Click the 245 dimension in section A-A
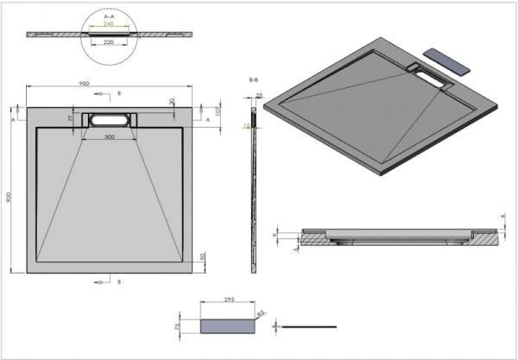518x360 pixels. tap(109, 23)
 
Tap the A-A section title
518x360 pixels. tap(109, 16)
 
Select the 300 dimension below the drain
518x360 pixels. tap(109, 137)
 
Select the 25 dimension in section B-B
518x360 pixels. tap(258, 97)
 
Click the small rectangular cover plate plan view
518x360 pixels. tap(230, 325)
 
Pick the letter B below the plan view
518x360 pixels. tap(119, 281)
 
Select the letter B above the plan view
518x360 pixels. tap(119, 92)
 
